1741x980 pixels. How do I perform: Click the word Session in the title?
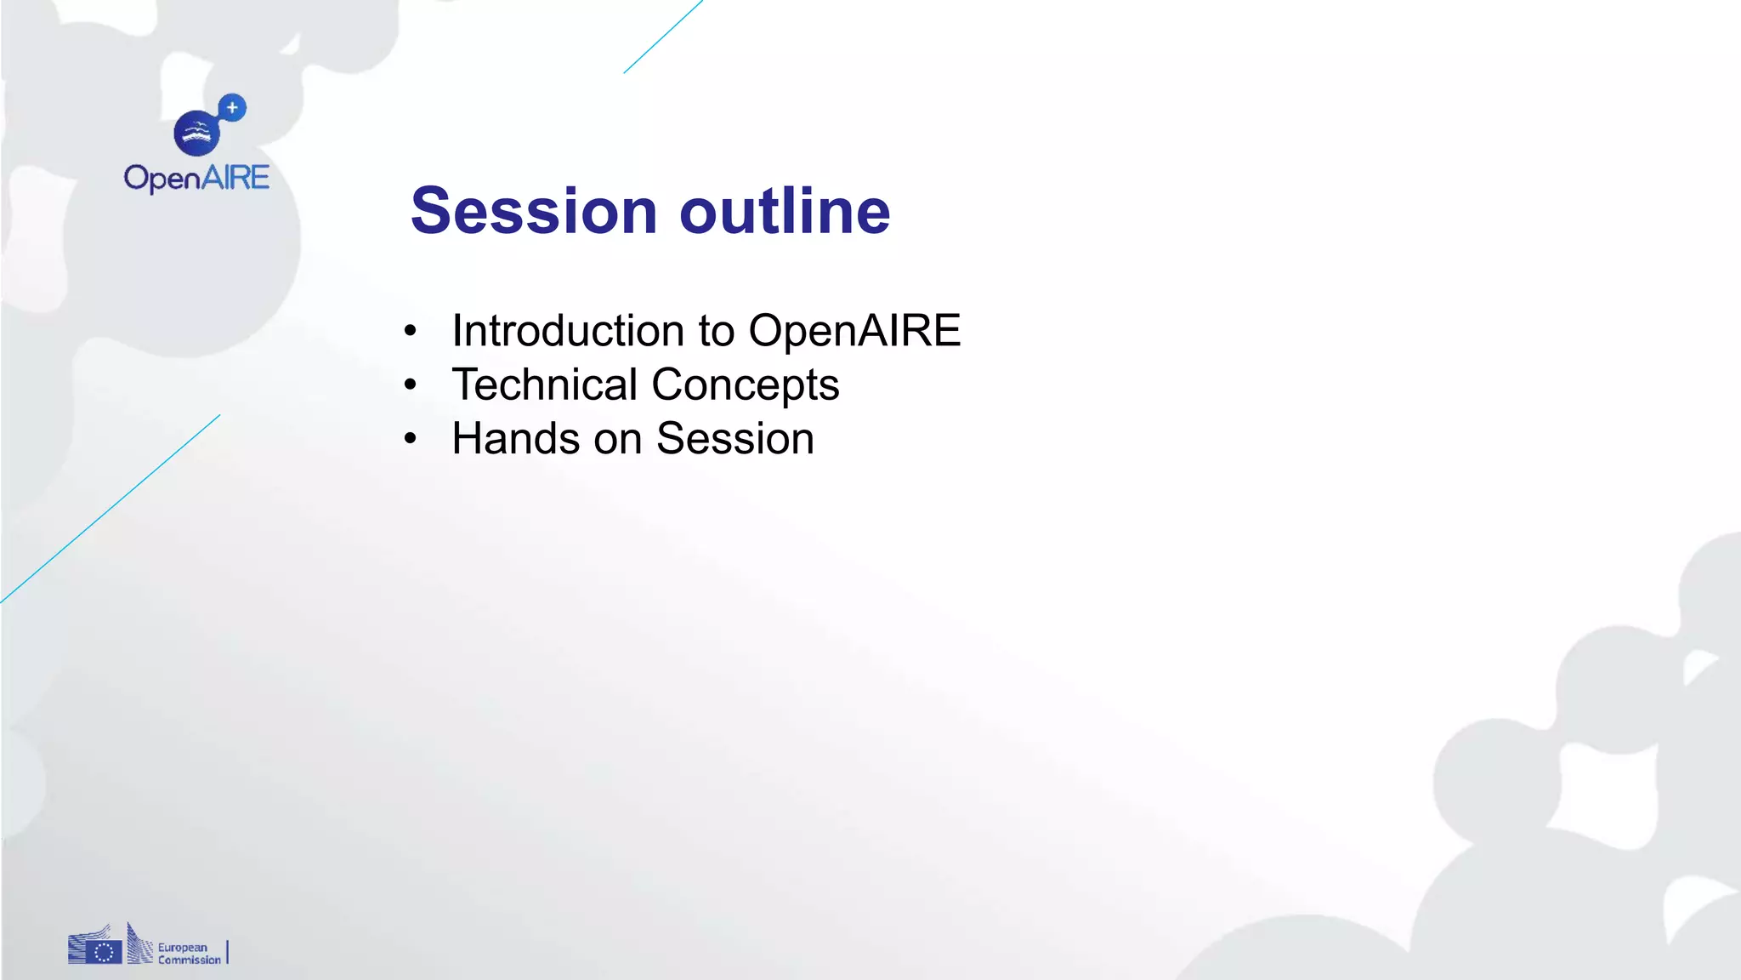[x=534, y=211]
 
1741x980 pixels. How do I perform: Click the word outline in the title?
[x=784, y=211]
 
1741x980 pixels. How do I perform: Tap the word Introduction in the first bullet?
[x=568, y=330]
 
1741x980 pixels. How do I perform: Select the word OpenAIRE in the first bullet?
[x=854, y=330]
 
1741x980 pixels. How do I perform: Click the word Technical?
[x=544, y=385]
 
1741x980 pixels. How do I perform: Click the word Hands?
[x=515, y=439]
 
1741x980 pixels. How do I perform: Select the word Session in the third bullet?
[x=734, y=439]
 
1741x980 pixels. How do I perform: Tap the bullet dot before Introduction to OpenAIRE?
[x=411, y=330]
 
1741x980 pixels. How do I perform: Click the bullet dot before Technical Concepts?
[x=411, y=385]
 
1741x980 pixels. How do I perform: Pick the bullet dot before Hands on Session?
[x=411, y=439]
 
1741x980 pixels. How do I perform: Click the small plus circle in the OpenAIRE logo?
[x=232, y=108]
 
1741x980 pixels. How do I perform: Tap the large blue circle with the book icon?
[x=196, y=133]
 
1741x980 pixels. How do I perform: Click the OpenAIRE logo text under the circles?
[x=196, y=178]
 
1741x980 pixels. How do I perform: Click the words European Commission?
[x=189, y=954]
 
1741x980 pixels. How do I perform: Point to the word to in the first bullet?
[x=716, y=330]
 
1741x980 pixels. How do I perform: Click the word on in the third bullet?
[x=617, y=439]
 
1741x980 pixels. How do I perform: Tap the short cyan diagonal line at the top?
[x=663, y=37]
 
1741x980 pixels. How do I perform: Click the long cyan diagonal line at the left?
[x=111, y=509]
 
